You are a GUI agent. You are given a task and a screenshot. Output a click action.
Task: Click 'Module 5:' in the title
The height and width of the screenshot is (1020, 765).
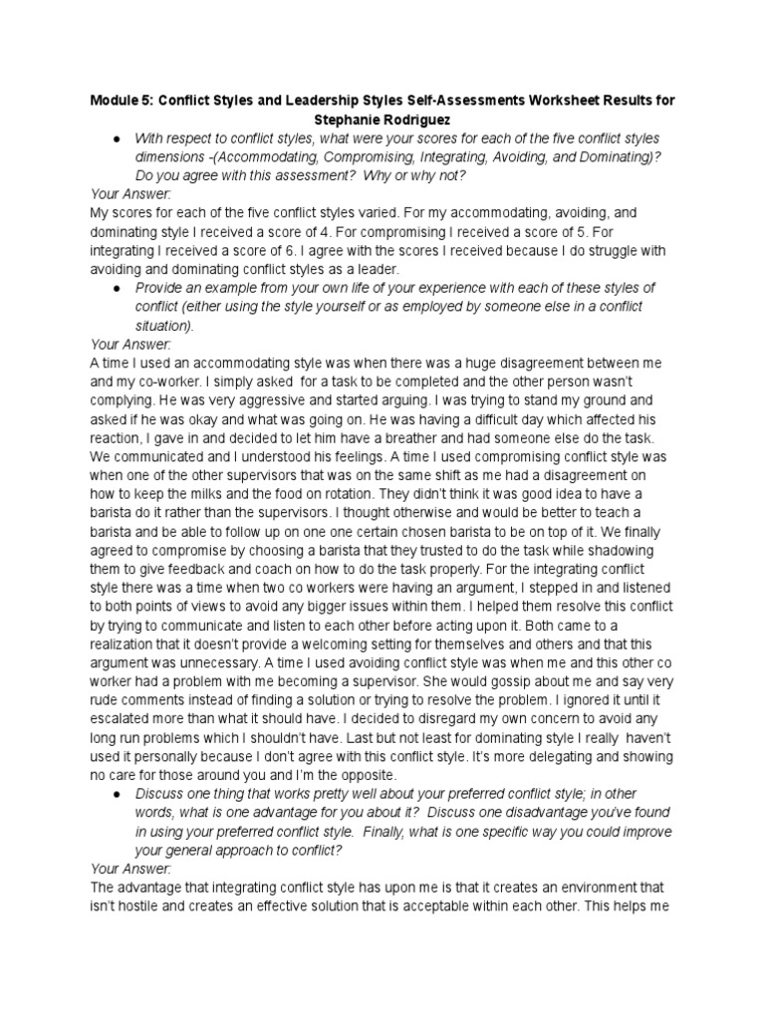[x=123, y=101]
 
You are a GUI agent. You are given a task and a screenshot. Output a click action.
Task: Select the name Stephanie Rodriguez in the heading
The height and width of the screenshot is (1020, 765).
[x=382, y=119]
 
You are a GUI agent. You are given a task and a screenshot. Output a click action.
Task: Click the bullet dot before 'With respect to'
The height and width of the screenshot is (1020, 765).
[x=118, y=137]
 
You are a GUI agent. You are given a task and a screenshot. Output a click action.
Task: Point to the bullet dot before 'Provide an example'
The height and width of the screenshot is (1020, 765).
[x=118, y=288]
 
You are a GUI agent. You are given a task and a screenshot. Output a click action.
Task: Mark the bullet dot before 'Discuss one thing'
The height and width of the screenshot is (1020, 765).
[x=118, y=794]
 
